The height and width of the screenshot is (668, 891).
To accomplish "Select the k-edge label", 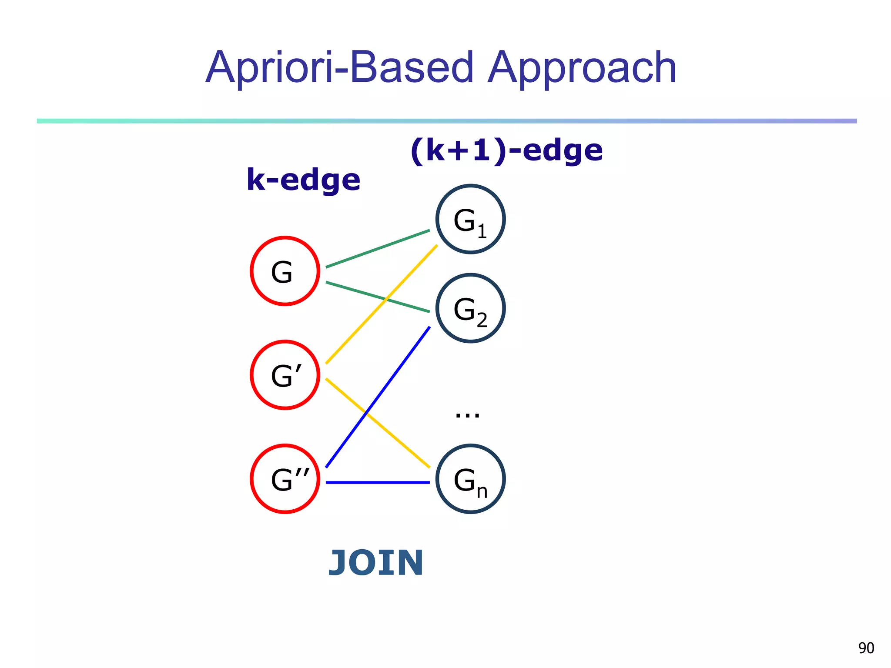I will point(303,179).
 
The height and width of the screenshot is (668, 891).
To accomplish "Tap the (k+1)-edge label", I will point(506,150).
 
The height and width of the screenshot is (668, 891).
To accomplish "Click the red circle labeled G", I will point(285,271).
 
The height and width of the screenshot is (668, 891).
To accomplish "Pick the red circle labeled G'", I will point(285,375).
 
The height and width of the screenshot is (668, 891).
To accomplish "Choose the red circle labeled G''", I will point(285,479).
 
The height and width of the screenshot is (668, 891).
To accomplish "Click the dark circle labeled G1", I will point(470,219).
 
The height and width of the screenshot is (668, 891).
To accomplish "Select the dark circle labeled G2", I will point(470,308).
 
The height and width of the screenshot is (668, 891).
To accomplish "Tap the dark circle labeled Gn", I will point(470,479).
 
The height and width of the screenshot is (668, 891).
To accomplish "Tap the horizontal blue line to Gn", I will point(378,482).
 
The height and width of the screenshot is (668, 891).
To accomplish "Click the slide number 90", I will point(866,648).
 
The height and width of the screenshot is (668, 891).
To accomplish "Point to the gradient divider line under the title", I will point(446,121).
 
